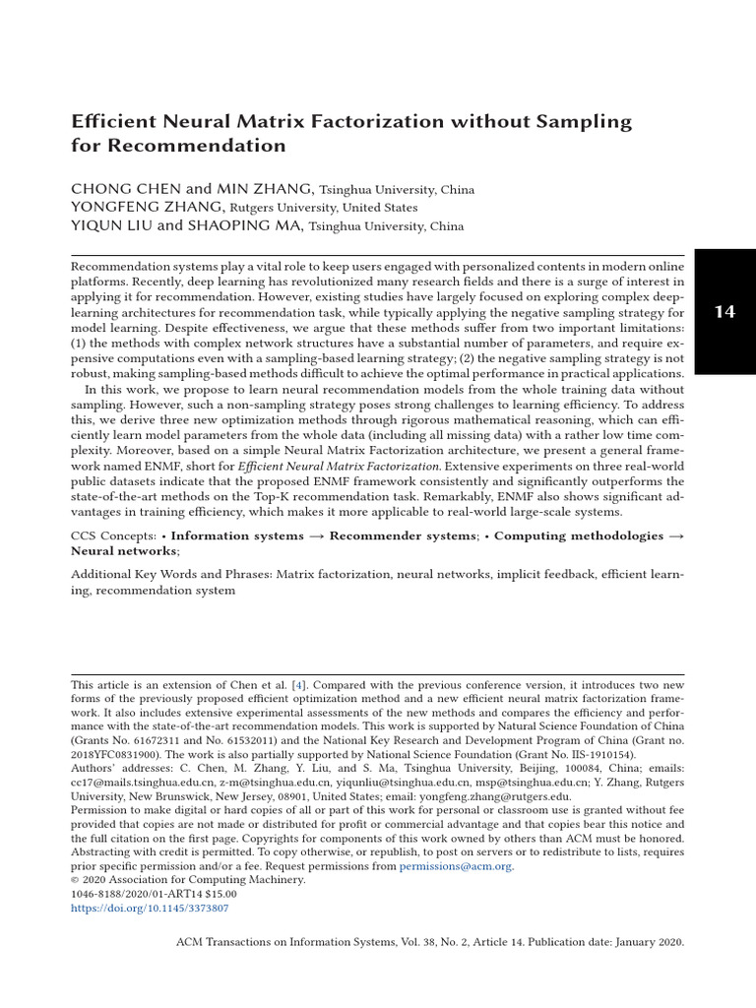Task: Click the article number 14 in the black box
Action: (724, 312)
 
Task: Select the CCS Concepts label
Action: (112, 536)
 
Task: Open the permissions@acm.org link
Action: (456, 866)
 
